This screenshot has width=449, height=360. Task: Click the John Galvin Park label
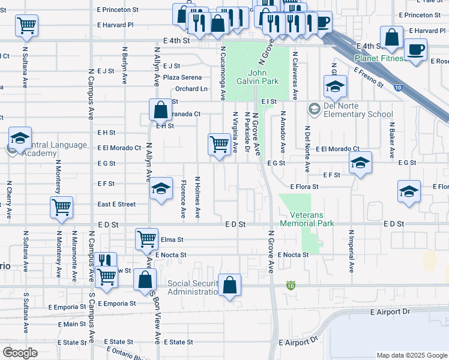(x=264, y=77)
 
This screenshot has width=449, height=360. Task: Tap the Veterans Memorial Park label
(x=311, y=219)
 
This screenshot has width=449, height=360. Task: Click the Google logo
(x=20, y=353)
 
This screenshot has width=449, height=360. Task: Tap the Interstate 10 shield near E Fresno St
(x=399, y=88)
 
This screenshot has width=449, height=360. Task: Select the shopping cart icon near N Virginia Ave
(x=219, y=145)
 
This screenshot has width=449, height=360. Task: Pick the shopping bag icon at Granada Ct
(x=160, y=110)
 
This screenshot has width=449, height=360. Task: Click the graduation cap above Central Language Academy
(x=20, y=139)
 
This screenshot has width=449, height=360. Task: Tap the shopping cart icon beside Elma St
(x=146, y=239)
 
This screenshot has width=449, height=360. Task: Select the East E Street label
(x=116, y=205)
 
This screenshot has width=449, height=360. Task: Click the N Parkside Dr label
(x=247, y=131)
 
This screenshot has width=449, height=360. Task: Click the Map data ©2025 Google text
(x=411, y=355)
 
